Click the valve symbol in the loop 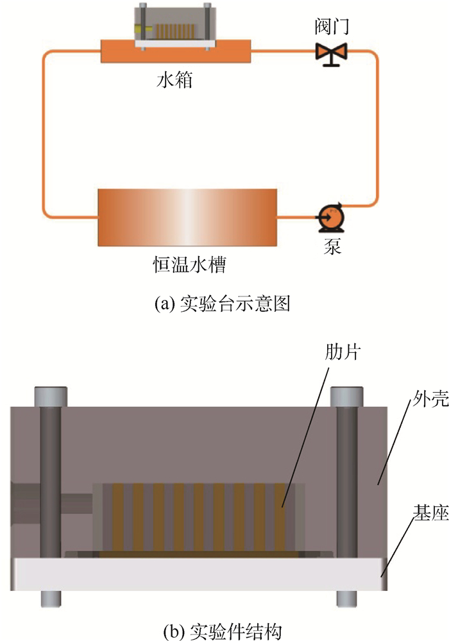[x=331, y=52]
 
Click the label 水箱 [x=174, y=81]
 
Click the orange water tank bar [x=174, y=52]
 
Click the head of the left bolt [x=51, y=395]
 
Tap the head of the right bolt [x=347, y=395]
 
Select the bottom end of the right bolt [x=347, y=598]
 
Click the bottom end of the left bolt [x=51, y=598]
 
